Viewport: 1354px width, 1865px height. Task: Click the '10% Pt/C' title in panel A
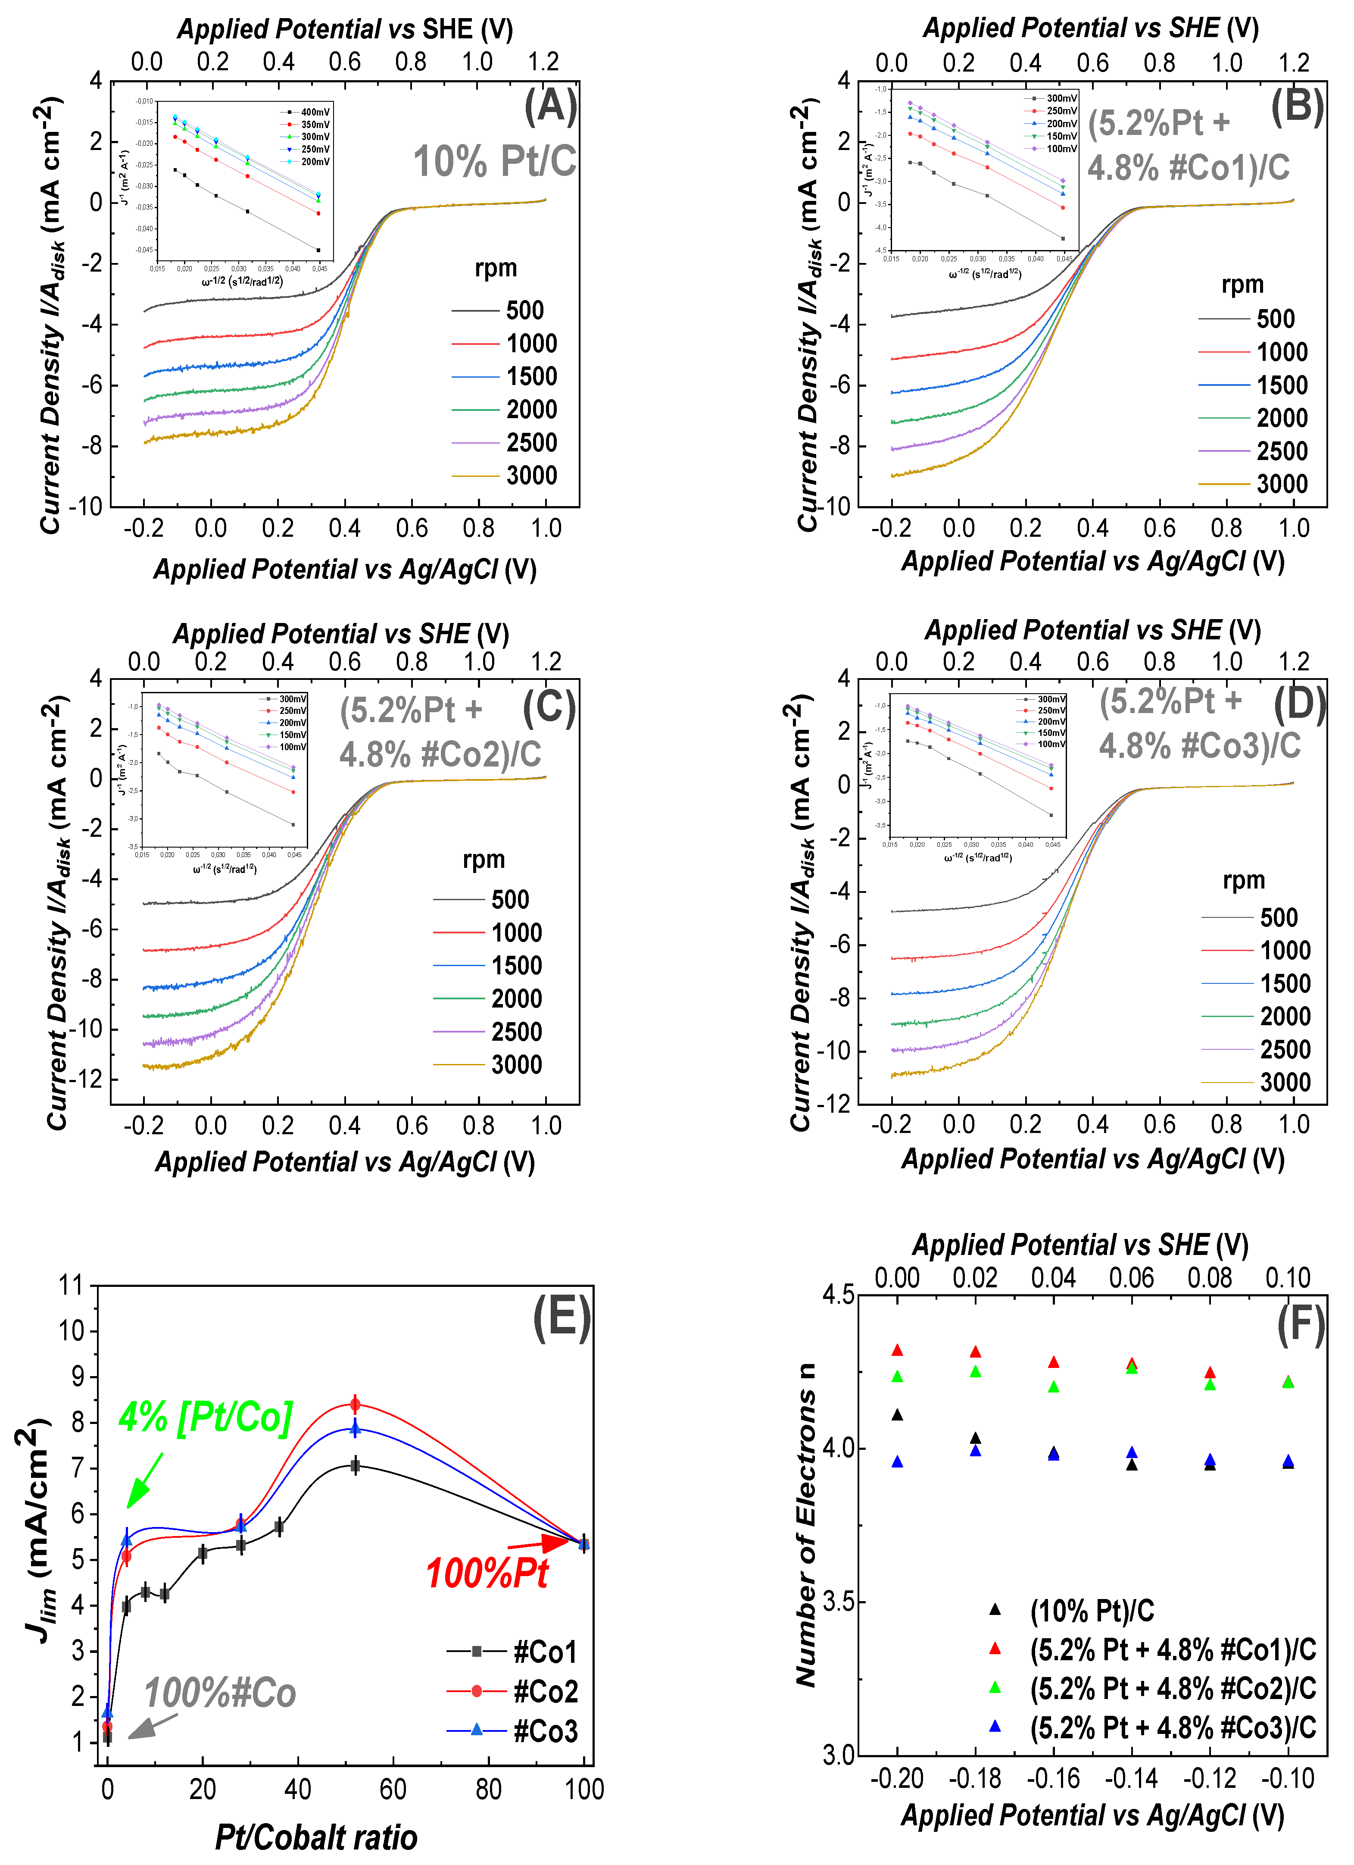[494, 161]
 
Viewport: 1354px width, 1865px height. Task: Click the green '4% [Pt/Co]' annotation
[206, 1417]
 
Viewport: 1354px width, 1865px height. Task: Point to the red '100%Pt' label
[487, 1574]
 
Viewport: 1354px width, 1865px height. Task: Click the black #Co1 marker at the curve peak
[355, 1465]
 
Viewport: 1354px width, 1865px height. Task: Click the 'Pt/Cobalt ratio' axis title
[316, 1837]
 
